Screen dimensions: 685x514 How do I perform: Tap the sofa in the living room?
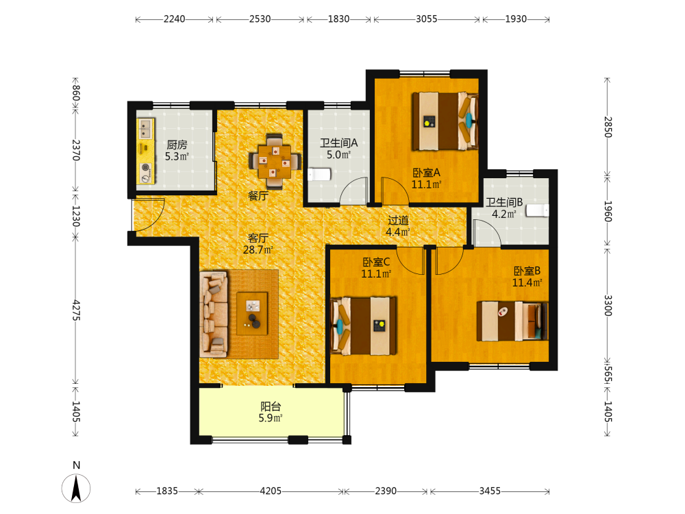pyautogui.click(x=214, y=315)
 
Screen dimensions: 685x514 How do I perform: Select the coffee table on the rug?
pyautogui.click(x=252, y=313)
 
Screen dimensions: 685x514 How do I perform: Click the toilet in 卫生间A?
pyautogui.click(x=319, y=174)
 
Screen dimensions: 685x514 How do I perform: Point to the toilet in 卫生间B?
pyautogui.click(x=537, y=210)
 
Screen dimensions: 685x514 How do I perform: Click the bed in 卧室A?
pyautogui.click(x=445, y=121)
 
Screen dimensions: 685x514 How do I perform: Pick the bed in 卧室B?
pyautogui.click(x=512, y=321)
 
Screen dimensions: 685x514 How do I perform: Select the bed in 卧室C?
pyautogui.click(x=364, y=326)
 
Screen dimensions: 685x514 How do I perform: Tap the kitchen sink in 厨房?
pyautogui.click(x=146, y=129)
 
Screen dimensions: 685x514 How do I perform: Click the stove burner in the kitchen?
pyautogui.click(x=146, y=172)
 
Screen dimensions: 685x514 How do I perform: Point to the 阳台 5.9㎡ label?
pyautogui.click(x=271, y=412)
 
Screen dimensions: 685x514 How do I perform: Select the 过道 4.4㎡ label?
pyautogui.click(x=397, y=226)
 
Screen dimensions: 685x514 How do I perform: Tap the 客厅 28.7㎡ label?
pyautogui.click(x=258, y=244)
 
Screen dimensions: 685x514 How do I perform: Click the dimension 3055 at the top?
pyautogui.click(x=426, y=19)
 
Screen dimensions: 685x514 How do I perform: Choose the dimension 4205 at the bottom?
pyautogui.click(x=271, y=491)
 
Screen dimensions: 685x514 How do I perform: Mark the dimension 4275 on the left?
pyautogui.click(x=76, y=310)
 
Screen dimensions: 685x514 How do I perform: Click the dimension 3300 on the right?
pyautogui.click(x=608, y=306)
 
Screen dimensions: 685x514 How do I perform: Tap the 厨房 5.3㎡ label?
pyautogui.click(x=177, y=150)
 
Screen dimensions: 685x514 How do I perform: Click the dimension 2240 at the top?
pyautogui.click(x=174, y=19)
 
